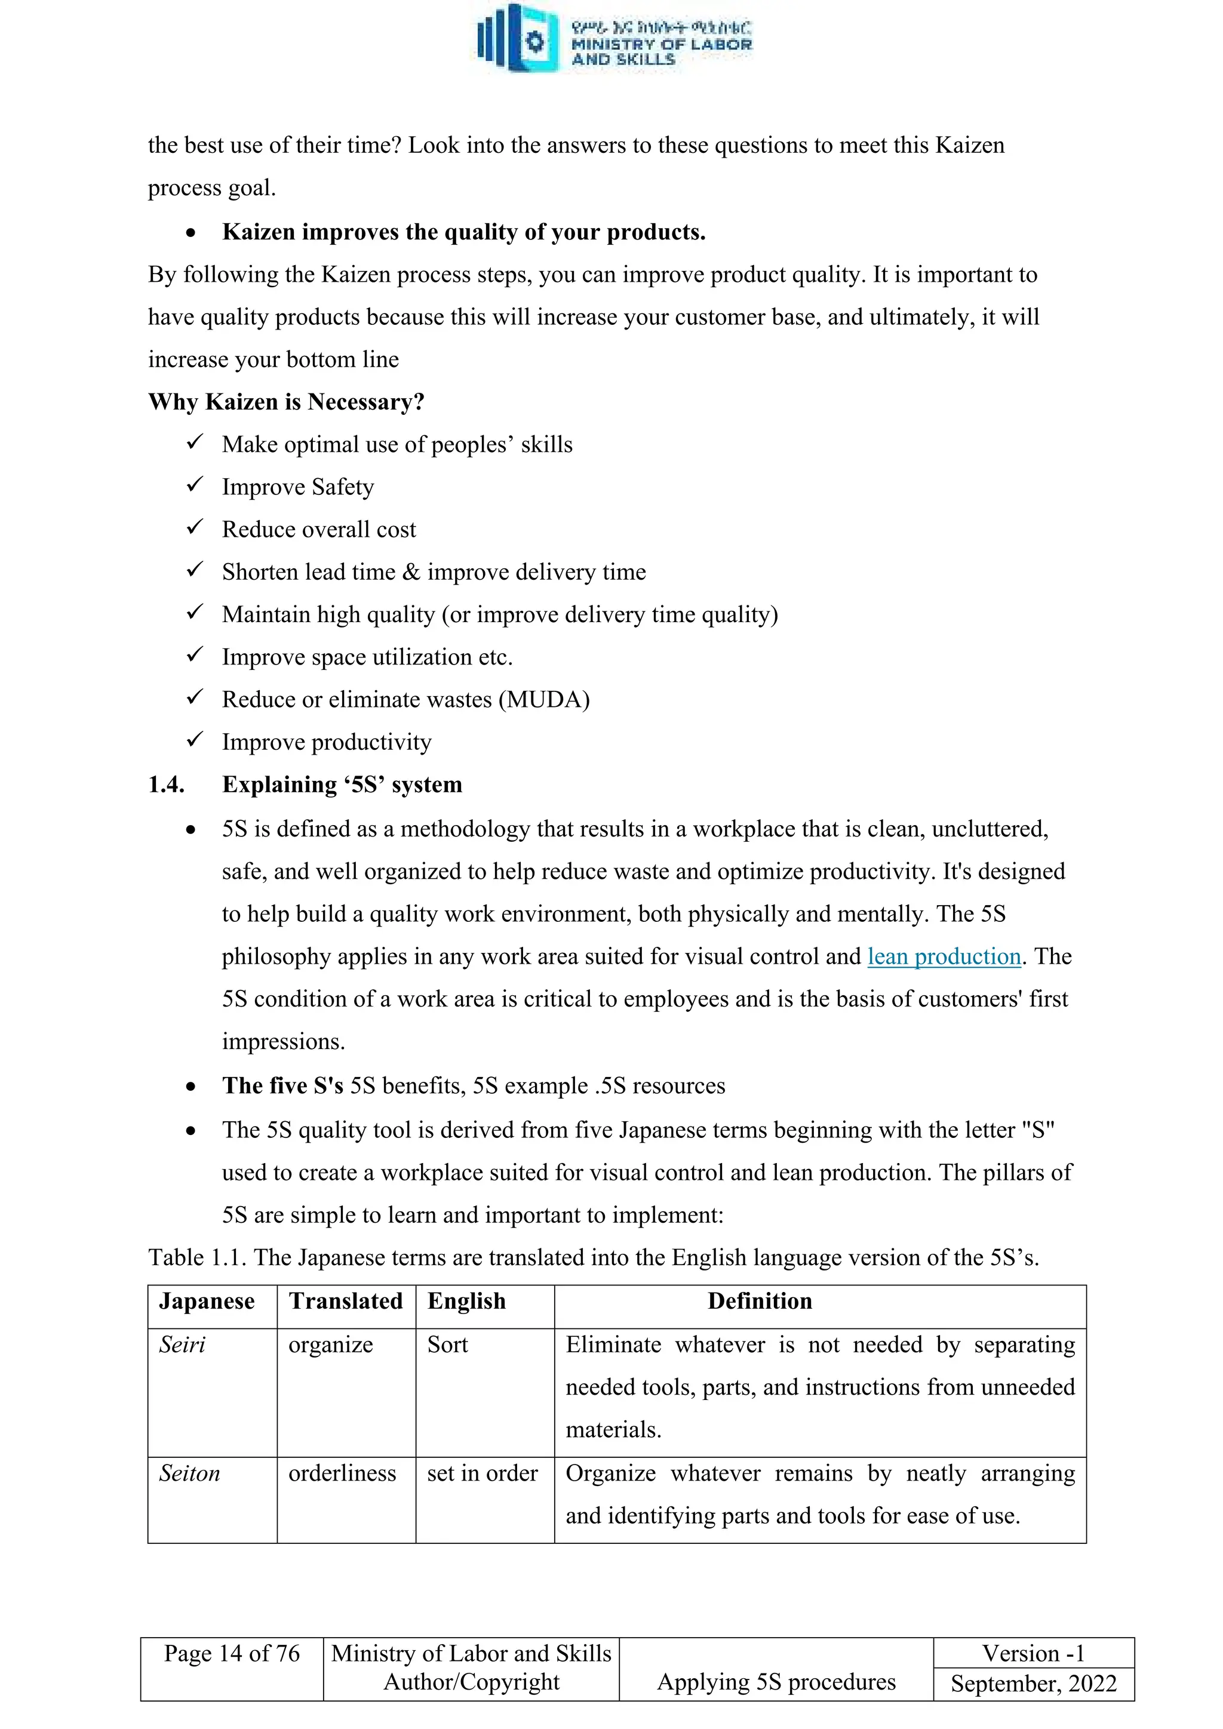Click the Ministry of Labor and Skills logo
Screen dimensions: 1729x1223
click(x=614, y=38)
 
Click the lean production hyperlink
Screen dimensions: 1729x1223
click(x=944, y=956)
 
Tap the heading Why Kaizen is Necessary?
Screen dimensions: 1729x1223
click(x=286, y=402)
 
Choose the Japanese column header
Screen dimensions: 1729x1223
click(x=207, y=1302)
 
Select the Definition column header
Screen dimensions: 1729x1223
click(x=759, y=1302)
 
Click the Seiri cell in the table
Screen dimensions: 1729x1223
click(x=182, y=1345)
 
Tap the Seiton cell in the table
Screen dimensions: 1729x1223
click(x=190, y=1473)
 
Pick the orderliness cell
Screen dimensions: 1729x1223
click(x=342, y=1473)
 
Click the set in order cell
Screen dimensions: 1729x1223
click(x=482, y=1473)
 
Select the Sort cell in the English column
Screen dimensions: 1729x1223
click(x=447, y=1345)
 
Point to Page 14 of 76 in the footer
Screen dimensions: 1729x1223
click(x=232, y=1654)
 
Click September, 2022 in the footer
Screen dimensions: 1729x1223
click(x=1033, y=1683)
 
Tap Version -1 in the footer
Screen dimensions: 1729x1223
click(x=1033, y=1654)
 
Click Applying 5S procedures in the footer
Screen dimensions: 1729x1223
click(x=776, y=1682)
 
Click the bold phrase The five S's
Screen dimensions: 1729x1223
click(x=282, y=1086)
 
